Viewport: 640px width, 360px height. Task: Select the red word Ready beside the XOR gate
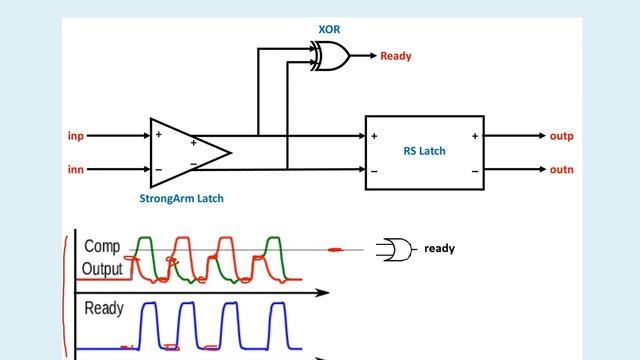[x=395, y=57]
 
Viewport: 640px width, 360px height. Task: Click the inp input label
[x=75, y=135]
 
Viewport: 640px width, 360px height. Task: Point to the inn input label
[x=75, y=170]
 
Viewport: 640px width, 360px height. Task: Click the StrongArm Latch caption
[x=181, y=198]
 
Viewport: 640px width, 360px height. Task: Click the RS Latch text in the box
[x=424, y=152]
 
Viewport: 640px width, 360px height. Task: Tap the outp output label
[x=561, y=135]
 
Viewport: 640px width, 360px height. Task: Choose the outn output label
[x=561, y=170]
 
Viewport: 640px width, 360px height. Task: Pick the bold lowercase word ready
[x=439, y=248]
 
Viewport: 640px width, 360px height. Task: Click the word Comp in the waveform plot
[x=102, y=246]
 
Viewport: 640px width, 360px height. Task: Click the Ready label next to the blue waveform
[x=104, y=308]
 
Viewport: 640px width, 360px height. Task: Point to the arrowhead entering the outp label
[x=538, y=135]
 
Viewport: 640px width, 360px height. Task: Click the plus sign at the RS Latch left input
[x=374, y=136]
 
